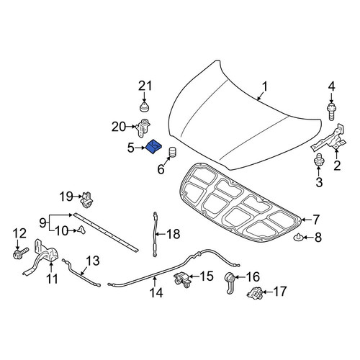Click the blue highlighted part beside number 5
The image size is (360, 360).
point(154,147)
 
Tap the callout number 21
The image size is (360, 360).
point(145,86)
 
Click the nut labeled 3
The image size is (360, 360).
point(319,160)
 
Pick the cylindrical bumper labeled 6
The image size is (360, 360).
point(173,152)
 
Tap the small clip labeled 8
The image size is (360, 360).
point(297,237)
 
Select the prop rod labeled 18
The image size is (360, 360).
point(156,234)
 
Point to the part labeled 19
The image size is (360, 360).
point(87,199)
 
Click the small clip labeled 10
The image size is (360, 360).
point(81,230)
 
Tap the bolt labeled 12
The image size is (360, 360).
point(20,253)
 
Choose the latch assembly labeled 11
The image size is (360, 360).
point(42,257)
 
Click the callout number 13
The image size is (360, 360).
point(92,261)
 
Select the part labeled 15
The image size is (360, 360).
point(182,280)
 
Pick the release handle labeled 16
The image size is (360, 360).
point(230,282)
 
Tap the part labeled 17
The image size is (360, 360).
point(254,292)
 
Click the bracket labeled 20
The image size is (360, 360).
point(143,127)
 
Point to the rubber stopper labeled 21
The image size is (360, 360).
point(145,107)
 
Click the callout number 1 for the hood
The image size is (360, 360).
point(264,87)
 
